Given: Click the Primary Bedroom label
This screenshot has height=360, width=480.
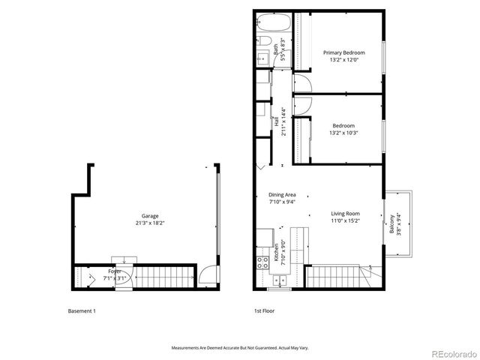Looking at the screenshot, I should click(x=344, y=52).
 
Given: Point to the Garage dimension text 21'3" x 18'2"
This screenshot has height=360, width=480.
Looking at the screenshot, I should click(x=150, y=223).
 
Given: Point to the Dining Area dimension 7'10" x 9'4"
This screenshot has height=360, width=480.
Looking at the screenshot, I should click(x=282, y=202).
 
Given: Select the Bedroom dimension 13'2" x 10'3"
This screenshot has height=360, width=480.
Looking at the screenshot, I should click(x=344, y=133).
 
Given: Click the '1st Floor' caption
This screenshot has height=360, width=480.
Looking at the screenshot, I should click(x=265, y=310).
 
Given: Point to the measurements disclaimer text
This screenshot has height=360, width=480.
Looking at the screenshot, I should click(x=241, y=348).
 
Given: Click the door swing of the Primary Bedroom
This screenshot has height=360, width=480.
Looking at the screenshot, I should click(x=301, y=82).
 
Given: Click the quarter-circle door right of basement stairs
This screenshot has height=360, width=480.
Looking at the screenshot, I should click(x=207, y=276).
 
